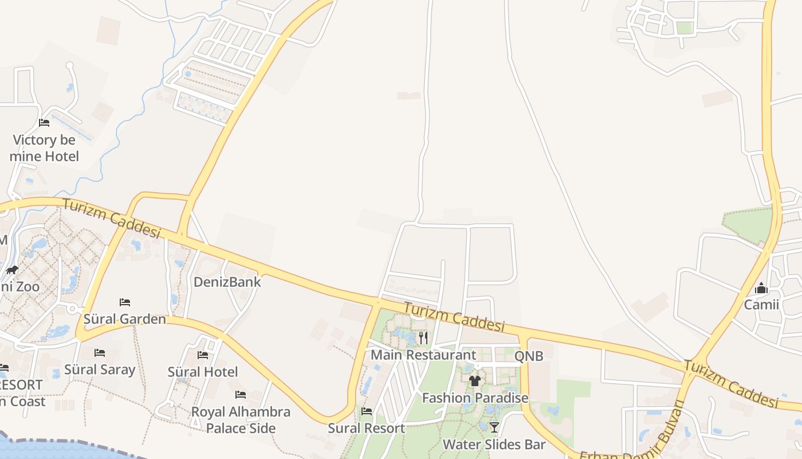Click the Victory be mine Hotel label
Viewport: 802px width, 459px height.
pos(44,148)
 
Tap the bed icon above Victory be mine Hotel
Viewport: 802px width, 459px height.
pos(44,122)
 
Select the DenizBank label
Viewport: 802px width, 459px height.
pos(227,282)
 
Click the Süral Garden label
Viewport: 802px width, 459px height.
pos(125,319)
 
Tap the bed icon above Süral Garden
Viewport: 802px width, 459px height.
pos(125,302)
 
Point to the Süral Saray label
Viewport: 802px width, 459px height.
pos(100,369)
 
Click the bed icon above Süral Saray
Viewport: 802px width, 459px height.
pos(100,352)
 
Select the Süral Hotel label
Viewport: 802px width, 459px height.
pos(203,372)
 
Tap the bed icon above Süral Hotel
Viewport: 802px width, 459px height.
pos(203,355)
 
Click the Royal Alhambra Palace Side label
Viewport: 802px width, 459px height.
pos(241,420)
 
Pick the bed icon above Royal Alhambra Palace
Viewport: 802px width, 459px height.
pos(241,395)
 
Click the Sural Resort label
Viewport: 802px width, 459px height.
pos(366,428)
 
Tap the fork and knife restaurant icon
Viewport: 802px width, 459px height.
pos(423,337)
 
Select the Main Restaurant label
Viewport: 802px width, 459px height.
pos(423,355)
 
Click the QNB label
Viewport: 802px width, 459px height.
pos(528,356)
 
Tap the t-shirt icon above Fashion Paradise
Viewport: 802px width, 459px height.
pos(474,381)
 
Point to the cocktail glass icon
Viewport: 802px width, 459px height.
pos(494,427)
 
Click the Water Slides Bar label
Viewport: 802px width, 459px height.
pos(494,444)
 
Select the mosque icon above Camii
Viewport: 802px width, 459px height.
pos(761,287)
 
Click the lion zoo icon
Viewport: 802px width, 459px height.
pos(12,270)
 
